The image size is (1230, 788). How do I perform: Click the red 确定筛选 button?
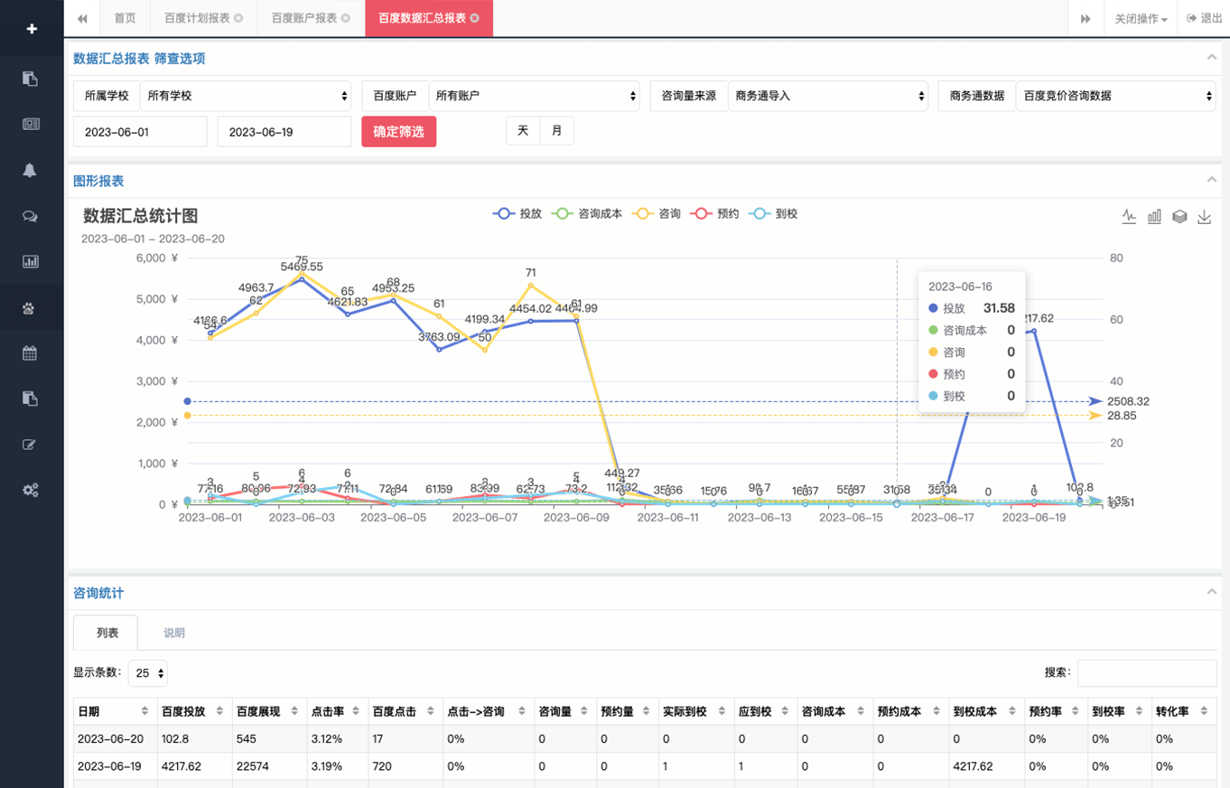pyautogui.click(x=398, y=132)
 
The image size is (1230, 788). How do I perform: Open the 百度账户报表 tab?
pyautogui.click(x=303, y=18)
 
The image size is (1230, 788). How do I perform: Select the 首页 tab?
pyautogui.click(x=125, y=18)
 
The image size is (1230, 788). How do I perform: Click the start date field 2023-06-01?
pyautogui.click(x=140, y=132)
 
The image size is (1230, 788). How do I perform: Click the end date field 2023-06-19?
pyautogui.click(x=284, y=132)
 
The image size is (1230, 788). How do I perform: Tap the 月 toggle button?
pyautogui.click(x=556, y=131)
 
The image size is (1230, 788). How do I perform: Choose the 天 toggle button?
pyautogui.click(x=523, y=131)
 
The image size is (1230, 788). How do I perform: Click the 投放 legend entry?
pyautogui.click(x=517, y=214)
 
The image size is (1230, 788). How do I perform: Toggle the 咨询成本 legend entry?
pyautogui.click(x=588, y=214)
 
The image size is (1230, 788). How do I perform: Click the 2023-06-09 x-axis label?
pyautogui.click(x=576, y=518)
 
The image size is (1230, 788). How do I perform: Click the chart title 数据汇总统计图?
pyautogui.click(x=140, y=216)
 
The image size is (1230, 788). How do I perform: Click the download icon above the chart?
pyautogui.click(x=1204, y=217)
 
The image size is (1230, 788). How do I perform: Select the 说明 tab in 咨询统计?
pyautogui.click(x=174, y=633)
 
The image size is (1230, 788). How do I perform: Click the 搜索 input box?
pyautogui.click(x=1146, y=672)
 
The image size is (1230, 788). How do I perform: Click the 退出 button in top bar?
pyautogui.click(x=1205, y=18)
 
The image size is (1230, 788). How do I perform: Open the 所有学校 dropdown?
pyautogui.click(x=245, y=95)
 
